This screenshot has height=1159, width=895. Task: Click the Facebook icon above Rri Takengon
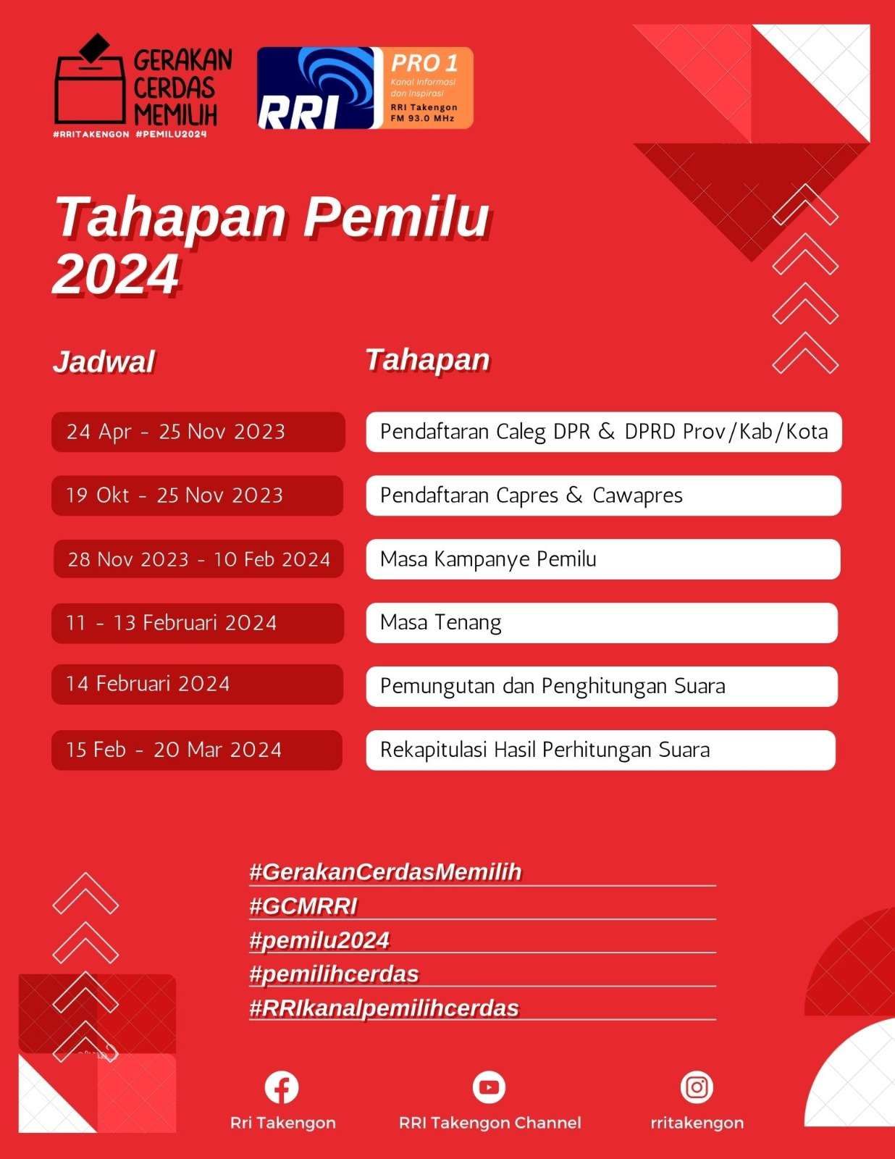tap(282, 1087)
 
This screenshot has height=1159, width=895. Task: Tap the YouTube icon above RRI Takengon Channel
tap(489, 1087)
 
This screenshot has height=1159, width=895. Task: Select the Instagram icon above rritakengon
tap(697, 1087)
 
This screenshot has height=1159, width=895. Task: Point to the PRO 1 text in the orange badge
tap(424, 64)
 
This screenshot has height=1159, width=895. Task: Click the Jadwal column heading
tap(104, 361)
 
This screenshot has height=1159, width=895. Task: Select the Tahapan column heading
tap(427, 359)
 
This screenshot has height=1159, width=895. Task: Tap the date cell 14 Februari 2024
tap(197, 685)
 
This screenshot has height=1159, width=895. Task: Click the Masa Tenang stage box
tap(602, 622)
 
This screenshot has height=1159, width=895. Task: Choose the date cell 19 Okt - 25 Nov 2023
tap(197, 495)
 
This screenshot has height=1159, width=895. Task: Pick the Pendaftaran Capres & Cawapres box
tap(603, 495)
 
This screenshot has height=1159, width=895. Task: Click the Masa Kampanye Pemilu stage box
tap(603, 559)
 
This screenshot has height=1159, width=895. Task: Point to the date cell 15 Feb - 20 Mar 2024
tap(197, 750)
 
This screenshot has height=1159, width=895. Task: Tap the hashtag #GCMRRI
tap(303, 906)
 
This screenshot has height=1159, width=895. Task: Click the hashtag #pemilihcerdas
tap(335, 974)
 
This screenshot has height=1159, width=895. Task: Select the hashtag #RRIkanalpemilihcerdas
tap(385, 1008)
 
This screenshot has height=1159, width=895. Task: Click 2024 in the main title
tap(116, 274)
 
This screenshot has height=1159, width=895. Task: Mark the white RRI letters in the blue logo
tap(298, 112)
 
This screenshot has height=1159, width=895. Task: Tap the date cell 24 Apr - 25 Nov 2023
tap(198, 432)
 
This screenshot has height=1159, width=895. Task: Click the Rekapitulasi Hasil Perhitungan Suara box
tap(601, 750)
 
